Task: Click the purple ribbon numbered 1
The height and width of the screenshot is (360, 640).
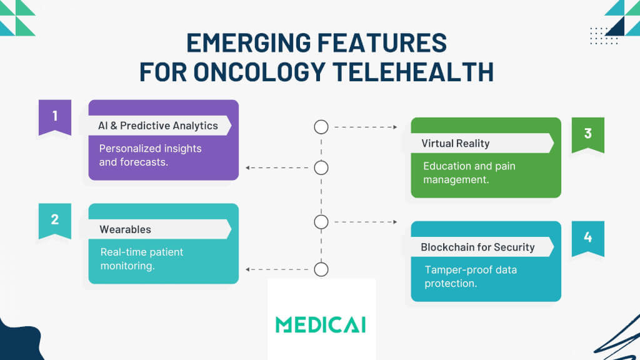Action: (55, 116)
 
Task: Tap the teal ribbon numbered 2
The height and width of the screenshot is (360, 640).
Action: (55, 220)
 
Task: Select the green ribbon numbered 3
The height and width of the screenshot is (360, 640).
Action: (587, 134)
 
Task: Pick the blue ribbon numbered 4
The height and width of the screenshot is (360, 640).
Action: (587, 237)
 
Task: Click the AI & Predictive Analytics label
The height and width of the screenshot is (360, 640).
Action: (158, 126)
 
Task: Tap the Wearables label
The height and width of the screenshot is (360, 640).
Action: (126, 229)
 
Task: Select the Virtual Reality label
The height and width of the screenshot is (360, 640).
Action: (456, 143)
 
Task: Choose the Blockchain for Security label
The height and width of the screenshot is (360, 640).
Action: (477, 247)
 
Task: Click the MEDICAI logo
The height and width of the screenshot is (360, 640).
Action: (321, 324)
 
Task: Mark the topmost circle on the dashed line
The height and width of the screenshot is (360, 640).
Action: (321, 127)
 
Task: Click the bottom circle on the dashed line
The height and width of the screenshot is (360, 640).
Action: (321, 269)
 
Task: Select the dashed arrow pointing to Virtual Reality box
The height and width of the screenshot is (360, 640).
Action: (366, 127)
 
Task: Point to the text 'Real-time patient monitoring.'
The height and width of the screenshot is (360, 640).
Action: (142, 259)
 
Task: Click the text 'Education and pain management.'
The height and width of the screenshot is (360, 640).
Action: (469, 173)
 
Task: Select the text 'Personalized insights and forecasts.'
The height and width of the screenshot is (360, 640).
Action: (150, 156)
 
